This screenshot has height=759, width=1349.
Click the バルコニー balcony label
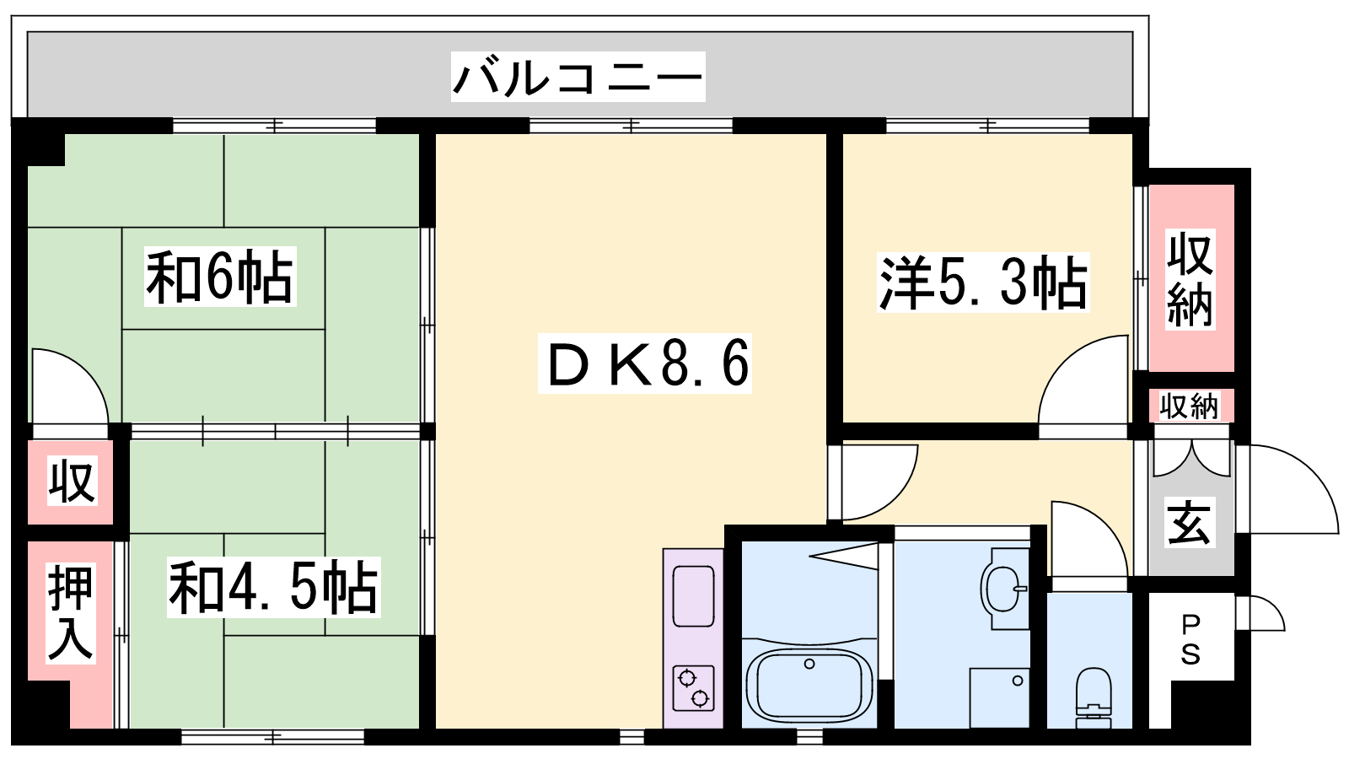[x=578, y=78]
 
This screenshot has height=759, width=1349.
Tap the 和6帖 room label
[x=220, y=277]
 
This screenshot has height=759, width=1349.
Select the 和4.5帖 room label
[x=273, y=587]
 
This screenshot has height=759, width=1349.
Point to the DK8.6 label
[x=644, y=363]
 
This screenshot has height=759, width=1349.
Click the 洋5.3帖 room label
[x=983, y=283]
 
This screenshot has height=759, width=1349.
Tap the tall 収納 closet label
[x=1190, y=279]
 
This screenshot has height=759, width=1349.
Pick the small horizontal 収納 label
[x=1190, y=406]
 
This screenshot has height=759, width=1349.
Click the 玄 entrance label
[x=1190, y=523]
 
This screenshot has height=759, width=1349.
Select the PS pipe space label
[x=1190, y=640]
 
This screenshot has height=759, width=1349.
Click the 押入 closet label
[x=71, y=613]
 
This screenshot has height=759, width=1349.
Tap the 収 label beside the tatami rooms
[x=72, y=482]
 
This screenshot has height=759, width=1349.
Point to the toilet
[x=1093, y=697]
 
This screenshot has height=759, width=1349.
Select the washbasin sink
[x=1004, y=589]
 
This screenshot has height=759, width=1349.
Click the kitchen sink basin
[x=693, y=596]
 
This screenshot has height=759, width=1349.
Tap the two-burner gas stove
[x=693, y=688]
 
